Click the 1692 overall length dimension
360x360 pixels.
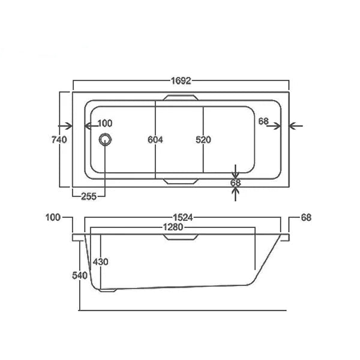tap(181, 81)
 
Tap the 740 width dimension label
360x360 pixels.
tap(59, 140)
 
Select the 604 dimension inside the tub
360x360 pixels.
tap(155, 140)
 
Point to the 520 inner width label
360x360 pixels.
tap(203, 140)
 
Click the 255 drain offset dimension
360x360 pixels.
tap(89, 197)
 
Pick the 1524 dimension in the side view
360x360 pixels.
tap(183, 217)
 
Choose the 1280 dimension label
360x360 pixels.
tap(173, 227)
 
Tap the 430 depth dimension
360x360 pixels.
tap(101, 262)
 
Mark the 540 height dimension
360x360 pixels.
tap(80, 275)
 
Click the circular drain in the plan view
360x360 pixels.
tap(106, 140)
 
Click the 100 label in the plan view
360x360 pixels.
tap(105, 123)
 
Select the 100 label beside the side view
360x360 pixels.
tap(53, 217)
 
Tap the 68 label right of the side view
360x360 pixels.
tap(306, 217)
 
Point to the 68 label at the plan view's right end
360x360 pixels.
tap(263, 121)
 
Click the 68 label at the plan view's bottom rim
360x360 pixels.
tap(235, 183)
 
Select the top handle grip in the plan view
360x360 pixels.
tap(181, 98)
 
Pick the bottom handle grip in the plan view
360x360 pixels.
tap(181, 181)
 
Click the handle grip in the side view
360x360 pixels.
tap(181, 237)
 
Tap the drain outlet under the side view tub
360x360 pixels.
tap(107, 290)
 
